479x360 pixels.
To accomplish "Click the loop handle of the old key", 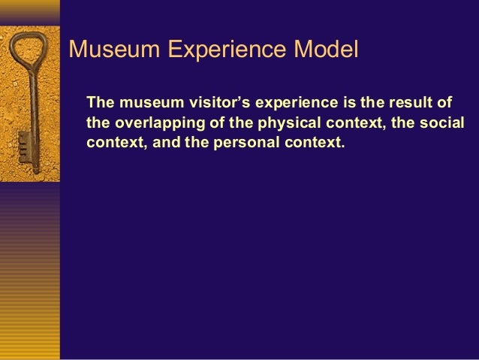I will coord(29,53).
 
